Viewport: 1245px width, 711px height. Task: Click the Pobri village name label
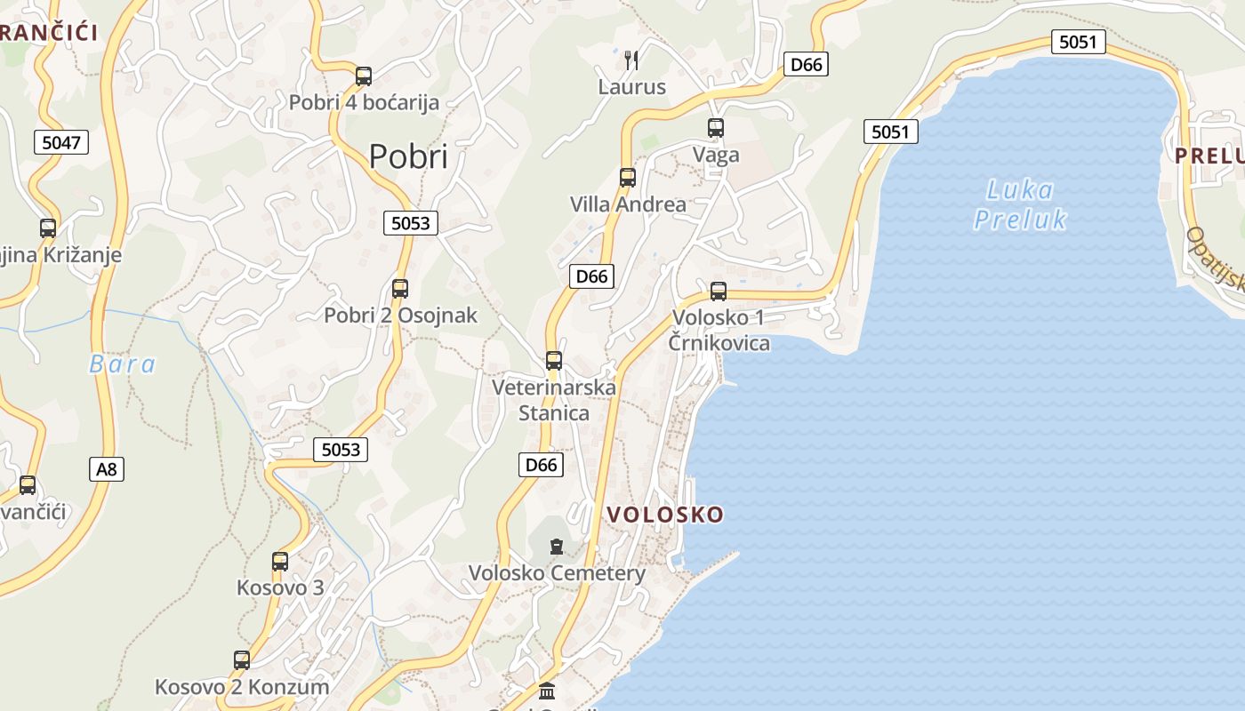[408, 156]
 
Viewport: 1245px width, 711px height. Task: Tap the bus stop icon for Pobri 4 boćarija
[363, 76]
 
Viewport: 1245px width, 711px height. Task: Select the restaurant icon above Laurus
[631, 60]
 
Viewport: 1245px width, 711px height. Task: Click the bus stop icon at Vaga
[716, 128]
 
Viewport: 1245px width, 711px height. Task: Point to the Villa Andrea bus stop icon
[628, 178]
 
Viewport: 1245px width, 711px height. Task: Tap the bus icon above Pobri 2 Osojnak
[400, 289]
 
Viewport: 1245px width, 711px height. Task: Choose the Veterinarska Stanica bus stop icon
[554, 361]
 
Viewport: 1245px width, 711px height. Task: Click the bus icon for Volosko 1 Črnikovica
[719, 292]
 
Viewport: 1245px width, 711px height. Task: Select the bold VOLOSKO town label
[665, 515]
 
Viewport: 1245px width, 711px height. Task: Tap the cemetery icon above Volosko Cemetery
[557, 547]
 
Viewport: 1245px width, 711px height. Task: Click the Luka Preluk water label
[1020, 204]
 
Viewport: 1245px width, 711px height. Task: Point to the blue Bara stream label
[123, 364]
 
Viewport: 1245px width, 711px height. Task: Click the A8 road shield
[106, 468]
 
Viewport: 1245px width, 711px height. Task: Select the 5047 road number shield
[61, 141]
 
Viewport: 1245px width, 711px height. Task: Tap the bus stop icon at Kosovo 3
[280, 562]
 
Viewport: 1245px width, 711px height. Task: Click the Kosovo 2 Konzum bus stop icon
[242, 660]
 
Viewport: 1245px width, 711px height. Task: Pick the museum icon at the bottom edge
[547, 691]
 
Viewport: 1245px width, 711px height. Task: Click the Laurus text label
[631, 87]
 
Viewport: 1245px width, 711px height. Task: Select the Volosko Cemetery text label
[558, 573]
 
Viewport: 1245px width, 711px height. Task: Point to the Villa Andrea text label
[628, 204]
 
